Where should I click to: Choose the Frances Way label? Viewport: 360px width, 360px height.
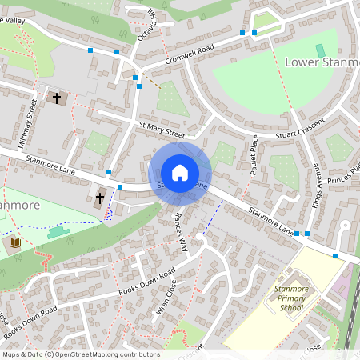(179, 231)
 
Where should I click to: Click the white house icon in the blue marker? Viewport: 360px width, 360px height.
(180, 173)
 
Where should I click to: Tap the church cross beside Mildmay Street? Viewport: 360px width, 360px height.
(57, 98)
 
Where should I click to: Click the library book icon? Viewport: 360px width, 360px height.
(15, 242)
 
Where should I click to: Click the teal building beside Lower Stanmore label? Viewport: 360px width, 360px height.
(320, 50)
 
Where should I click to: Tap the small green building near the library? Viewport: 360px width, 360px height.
(58, 232)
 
